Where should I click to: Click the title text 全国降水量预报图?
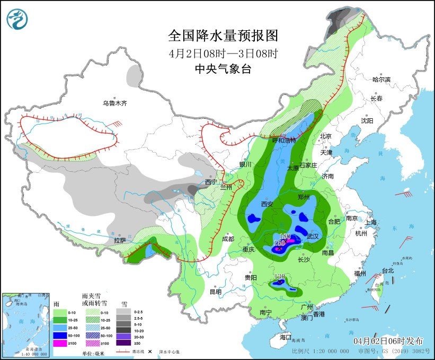pyautogui.click(x=223, y=36)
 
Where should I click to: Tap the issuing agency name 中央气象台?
pyautogui.click(x=223, y=69)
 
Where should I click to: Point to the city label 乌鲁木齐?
pyautogui.click(x=115, y=103)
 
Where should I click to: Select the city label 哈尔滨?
pyautogui.click(x=381, y=80)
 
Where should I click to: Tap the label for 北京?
pyautogui.click(x=325, y=136)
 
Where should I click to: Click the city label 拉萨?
pyautogui.click(x=120, y=240)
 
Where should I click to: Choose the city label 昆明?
pyautogui.click(x=215, y=292)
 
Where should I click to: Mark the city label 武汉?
pyautogui.click(x=313, y=236)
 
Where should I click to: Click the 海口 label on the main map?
pyautogui.click(x=286, y=337)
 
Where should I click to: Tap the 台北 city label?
pyautogui.click(x=388, y=270)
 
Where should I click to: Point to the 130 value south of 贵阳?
pyautogui.click(x=280, y=276)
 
